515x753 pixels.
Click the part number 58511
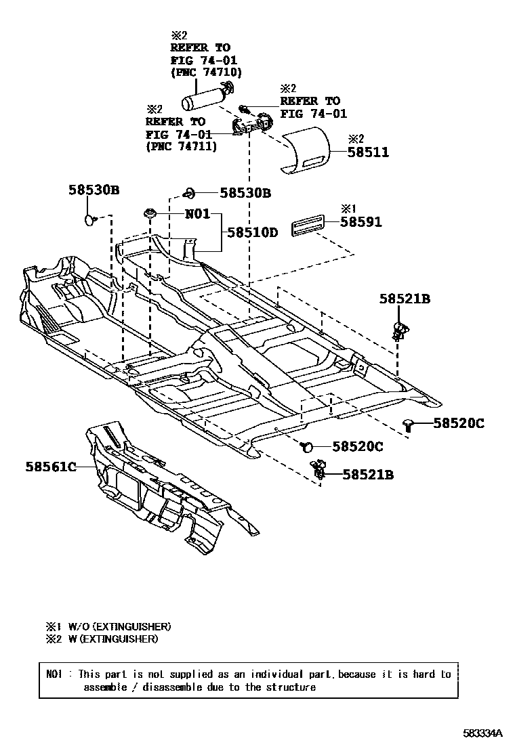point(369,152)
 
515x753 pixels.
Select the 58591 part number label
point(360,221)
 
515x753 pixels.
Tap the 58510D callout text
point(252,232)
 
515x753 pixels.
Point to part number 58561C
point(51,467)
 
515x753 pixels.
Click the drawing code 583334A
point(483,733)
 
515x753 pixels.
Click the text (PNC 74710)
point(206,72)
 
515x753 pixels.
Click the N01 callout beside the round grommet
point(198,215)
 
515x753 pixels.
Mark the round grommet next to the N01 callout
point(150,214)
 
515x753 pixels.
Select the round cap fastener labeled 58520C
point(306,446)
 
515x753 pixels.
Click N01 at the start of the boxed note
point(54,674)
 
